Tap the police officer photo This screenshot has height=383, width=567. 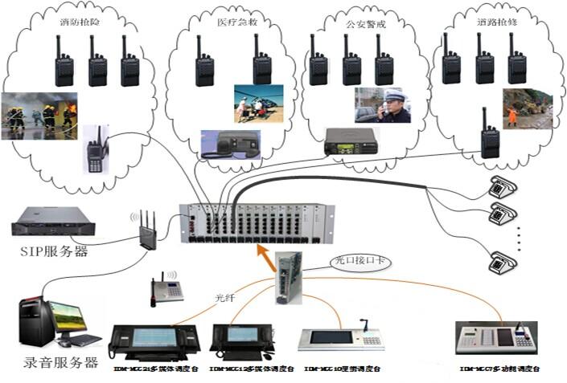click(383, 105)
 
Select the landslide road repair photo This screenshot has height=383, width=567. click(528, 109)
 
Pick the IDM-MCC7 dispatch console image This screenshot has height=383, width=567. click(495, 340)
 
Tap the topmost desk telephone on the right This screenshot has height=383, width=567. click(503, 188)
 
